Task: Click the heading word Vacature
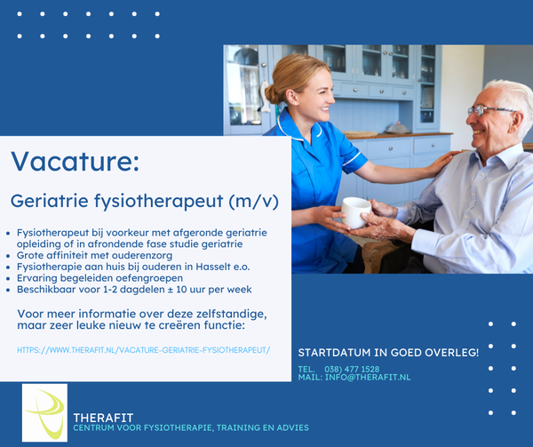[76, 161]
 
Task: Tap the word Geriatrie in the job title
[50, 201]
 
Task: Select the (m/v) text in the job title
[253, 201]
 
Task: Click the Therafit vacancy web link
[143, 350]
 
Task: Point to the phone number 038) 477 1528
[352, 369]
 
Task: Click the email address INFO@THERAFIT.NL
[368, 378]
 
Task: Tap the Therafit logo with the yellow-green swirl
[44, 412]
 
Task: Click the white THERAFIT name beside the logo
[103, 418]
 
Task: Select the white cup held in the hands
[355, 212]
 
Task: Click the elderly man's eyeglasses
[489, 110]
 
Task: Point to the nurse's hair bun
[274, 94]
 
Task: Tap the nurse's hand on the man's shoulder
[441, 164]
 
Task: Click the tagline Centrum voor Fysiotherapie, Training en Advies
[191, 427]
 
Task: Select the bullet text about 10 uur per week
[134, 290]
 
